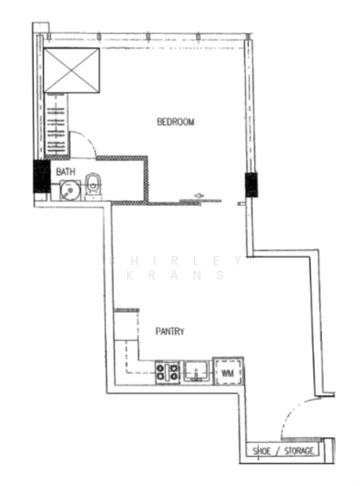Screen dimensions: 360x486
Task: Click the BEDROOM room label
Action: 176,122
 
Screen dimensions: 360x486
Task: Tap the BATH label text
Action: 66,172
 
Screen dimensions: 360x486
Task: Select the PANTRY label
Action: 170,331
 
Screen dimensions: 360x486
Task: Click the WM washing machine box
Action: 228,373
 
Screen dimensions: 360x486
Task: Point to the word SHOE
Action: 261,451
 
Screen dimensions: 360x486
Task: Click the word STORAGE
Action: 299,450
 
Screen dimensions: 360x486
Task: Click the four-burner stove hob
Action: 167,373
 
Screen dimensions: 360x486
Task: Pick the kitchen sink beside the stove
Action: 197,371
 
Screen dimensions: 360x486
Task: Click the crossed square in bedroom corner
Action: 71,70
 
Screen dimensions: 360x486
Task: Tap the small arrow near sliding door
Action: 199,195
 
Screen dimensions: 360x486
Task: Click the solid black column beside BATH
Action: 42,176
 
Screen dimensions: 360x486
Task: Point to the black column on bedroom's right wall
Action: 251,185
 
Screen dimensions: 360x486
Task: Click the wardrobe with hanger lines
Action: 56,125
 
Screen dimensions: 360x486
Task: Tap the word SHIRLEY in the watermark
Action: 176,261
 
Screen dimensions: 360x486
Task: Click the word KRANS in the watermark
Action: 176,275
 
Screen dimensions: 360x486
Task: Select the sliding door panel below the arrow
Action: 201,202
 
